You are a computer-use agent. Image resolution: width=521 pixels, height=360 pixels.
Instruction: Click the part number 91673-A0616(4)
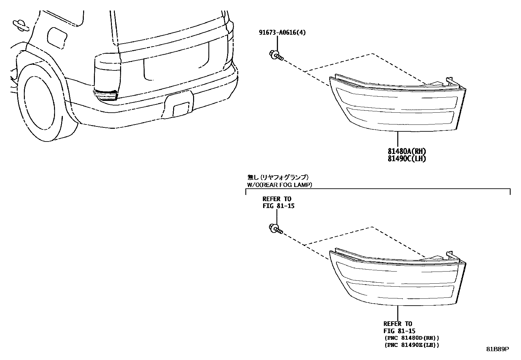click(x=282, y=32)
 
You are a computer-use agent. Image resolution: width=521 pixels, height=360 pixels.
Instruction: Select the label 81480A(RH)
click(x=407, y=151)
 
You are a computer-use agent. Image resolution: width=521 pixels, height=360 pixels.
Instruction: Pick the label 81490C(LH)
click(x=407, y=159)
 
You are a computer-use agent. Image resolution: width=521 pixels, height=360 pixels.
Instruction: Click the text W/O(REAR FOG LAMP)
click(x=279, y=185)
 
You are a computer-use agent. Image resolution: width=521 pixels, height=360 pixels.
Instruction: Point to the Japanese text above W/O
click(x=278, y=177)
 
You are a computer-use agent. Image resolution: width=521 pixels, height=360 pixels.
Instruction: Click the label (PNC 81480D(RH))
click(x=411, y=338)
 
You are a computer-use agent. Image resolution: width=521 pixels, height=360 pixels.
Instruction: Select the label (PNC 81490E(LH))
click(x=411, y=345)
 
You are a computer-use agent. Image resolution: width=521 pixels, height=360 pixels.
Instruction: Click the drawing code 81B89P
click(x=497, y=349)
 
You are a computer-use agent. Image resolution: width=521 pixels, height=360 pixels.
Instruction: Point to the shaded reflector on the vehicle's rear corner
click(x=106, y=95)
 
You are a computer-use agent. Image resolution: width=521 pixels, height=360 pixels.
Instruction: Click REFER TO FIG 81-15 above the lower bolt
click(x=277, y=202)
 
